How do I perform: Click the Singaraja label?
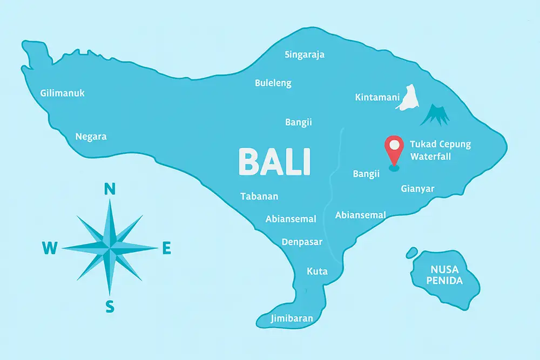305,55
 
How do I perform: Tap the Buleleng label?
273,83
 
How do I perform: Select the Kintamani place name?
377,98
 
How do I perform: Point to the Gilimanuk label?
63,93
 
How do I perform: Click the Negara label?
91,137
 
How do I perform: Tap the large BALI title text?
274,161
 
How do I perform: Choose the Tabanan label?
259,196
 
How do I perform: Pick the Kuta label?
317,271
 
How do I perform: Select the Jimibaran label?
292,318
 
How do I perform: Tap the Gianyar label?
417,188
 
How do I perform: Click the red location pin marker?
394,149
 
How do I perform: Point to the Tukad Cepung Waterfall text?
440,151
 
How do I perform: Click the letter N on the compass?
110,189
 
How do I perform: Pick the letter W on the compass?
50,248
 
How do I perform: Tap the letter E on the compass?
167,248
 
